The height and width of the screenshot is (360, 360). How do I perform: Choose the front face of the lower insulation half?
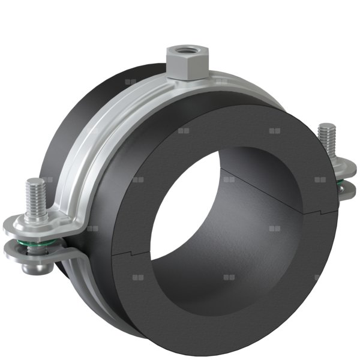(x=240, y=312)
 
